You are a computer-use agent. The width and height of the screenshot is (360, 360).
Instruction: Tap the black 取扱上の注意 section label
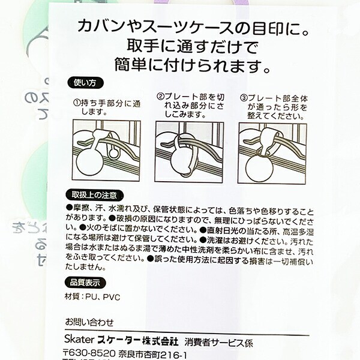(95, 195)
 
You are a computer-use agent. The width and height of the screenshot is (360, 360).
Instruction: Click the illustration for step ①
(106, 149)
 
